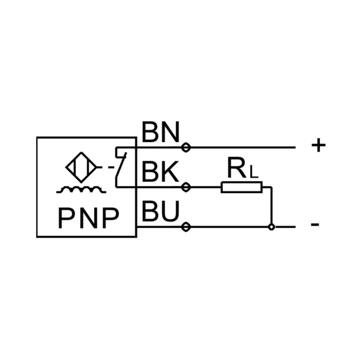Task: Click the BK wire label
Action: (160, 173)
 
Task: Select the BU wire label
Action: (160, 212)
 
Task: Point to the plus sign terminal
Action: (319, 146)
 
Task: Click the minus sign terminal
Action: (315, 226)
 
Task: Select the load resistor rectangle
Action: (241, 188)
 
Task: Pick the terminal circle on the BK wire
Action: (186, 188)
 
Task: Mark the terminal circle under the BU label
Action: (186, 227)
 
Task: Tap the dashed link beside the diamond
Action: (108, 168)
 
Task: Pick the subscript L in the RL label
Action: (254, 173)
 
